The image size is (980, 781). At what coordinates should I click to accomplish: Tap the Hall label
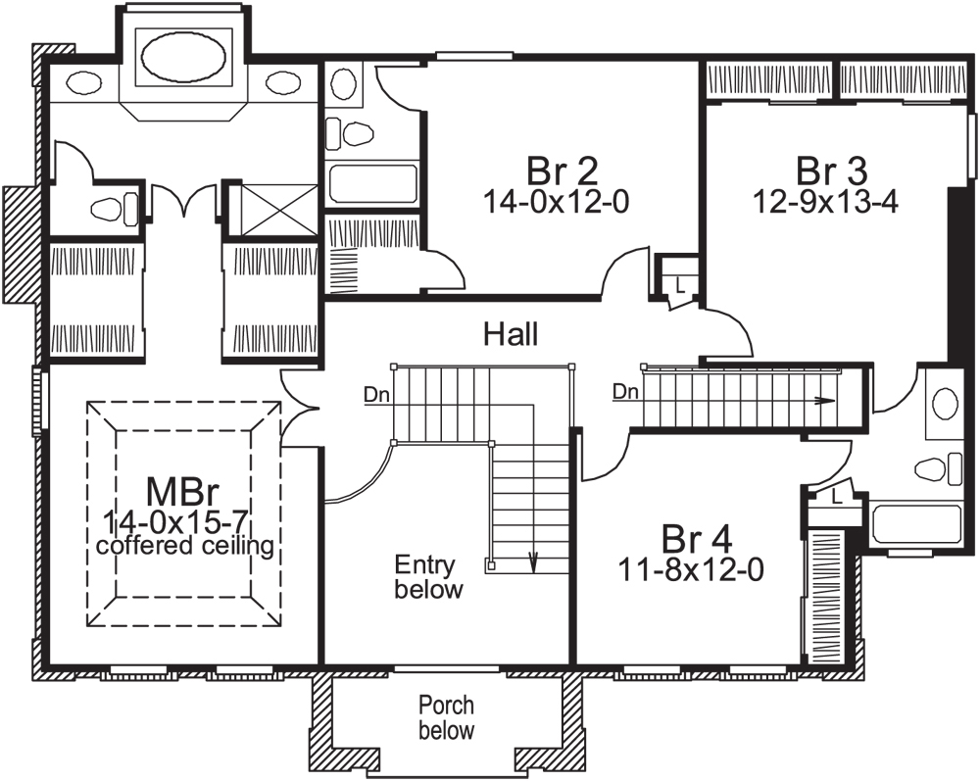coord(511,335)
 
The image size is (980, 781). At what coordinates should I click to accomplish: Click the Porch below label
coord(446,717)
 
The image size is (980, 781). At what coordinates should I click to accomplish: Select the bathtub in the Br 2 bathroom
coord(371,183)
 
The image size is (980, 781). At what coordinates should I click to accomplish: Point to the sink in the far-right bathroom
coord(945,402)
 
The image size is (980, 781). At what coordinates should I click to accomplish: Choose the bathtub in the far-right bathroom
coord(916,523)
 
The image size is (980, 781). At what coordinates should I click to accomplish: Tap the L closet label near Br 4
coord(835,498)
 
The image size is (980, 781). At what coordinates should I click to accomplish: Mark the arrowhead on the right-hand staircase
coord(828,401)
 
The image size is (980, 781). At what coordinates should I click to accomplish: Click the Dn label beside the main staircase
coord(374,396)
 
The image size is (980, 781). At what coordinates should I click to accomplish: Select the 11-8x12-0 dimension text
coord(691,566)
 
